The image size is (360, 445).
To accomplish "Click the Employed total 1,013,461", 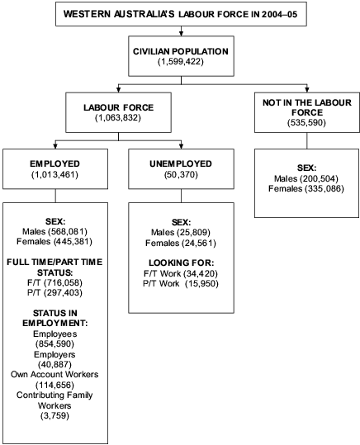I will pyautogui.click(x=54, y=175).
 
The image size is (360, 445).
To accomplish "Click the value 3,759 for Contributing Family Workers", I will pyautogui.click(x=54, y=417).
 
